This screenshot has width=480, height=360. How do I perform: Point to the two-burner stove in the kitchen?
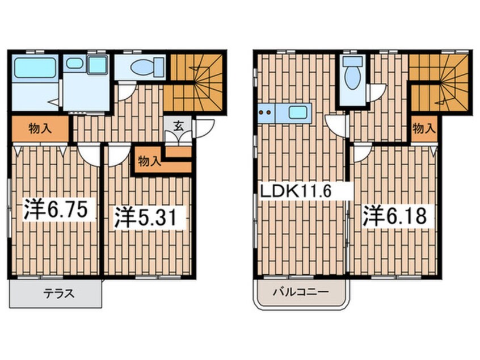click(x=265, y=112)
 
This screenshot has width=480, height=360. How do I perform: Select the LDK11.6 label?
click(x=294, y=191)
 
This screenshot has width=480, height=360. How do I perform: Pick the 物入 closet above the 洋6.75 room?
click(x=39, y=128)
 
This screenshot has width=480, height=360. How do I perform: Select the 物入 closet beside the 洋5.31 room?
click(x=149, y=161)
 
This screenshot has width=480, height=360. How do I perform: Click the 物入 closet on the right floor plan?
click(x=424, y=128)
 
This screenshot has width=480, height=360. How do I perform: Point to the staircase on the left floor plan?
click(x=195, y=82)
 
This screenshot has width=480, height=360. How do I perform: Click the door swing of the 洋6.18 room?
click(x=361, y=153)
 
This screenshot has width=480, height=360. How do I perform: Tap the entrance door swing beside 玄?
click(x=203, y=128)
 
